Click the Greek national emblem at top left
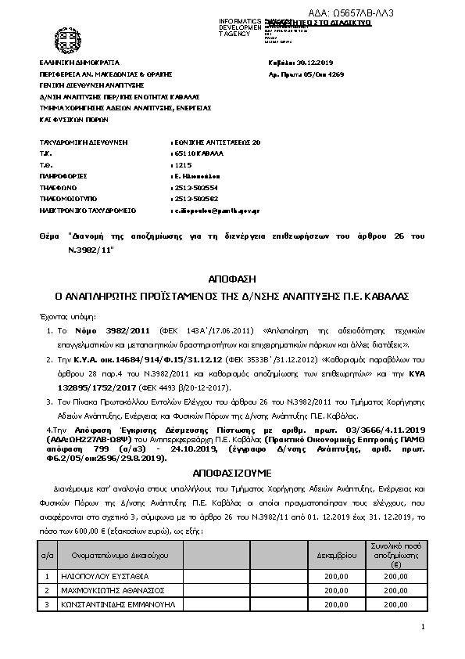click(x=63, y=37)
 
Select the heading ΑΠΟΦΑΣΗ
click(x=231, y=279)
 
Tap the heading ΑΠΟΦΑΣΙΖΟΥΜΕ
click(x=231, y=474)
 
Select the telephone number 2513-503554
click(x=194, y=189)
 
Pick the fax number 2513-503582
click(x=194, y=200)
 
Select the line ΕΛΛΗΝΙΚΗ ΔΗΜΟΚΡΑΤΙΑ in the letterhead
click(x=79, y=60)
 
